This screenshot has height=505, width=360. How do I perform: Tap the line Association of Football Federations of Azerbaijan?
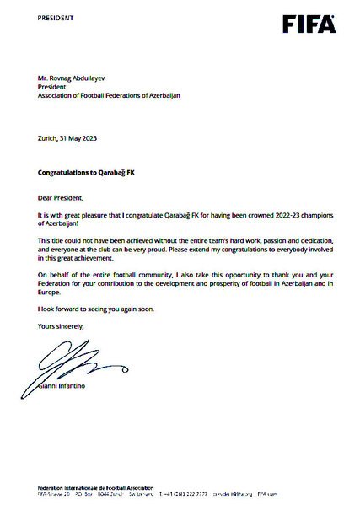[109, 95]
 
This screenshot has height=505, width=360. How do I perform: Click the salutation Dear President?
[62, 197]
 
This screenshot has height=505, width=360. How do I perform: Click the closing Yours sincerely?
[62, 325]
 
